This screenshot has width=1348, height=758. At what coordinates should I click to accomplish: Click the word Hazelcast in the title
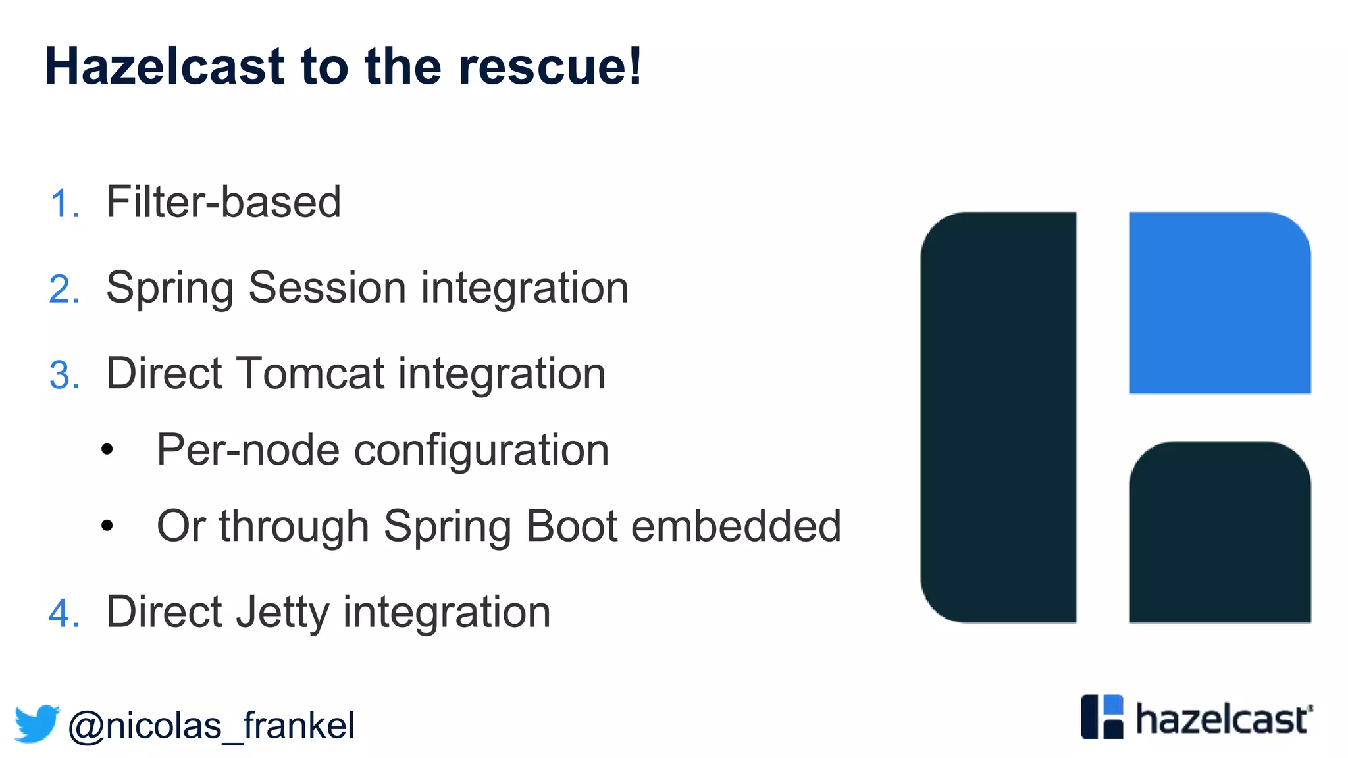[x=165, y=67]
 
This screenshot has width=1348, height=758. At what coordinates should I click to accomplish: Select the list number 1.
[x=63, y=203]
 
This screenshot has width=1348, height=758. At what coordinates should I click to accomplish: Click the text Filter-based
[x=223, y=202]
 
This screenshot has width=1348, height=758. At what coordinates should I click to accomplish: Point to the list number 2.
[x=63, y=290]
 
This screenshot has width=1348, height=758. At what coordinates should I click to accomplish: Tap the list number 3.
[x=63, y=376]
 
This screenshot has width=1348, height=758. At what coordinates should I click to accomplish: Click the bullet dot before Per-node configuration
[x=107, y=450]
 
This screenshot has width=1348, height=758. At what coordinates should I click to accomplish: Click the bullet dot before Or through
[x=107, y=526]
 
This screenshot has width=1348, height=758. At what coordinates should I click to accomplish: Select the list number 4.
[x=63, y=614]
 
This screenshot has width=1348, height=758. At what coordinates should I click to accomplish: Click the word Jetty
[x=283, y=613]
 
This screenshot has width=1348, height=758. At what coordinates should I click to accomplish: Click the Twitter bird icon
[x=37, y=724]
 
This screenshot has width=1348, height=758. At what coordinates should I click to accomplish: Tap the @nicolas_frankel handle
[x=211, y=726]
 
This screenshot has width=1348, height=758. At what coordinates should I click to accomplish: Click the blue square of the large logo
[x=1220, y=303]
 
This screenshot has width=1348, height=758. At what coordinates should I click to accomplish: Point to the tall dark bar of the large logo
[x=998, y=417]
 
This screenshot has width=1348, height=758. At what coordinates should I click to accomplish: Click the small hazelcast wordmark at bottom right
[x=1223, y=719]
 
